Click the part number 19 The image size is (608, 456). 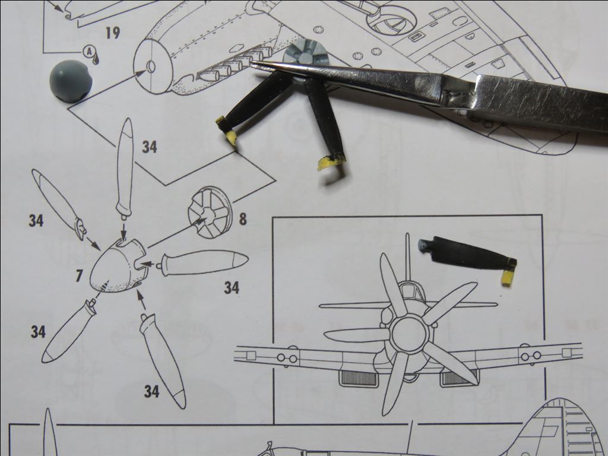113,33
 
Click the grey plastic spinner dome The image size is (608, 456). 71,81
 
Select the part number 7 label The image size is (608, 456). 79,276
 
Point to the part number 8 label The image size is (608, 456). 243,219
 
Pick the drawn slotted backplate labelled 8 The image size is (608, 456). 210,213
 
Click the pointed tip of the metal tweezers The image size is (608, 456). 252,62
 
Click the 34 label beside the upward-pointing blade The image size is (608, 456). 149,147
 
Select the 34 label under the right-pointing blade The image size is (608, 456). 232,288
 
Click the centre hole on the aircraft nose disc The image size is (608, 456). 150,66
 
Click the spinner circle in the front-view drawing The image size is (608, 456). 410,334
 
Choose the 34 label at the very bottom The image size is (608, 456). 151,392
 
